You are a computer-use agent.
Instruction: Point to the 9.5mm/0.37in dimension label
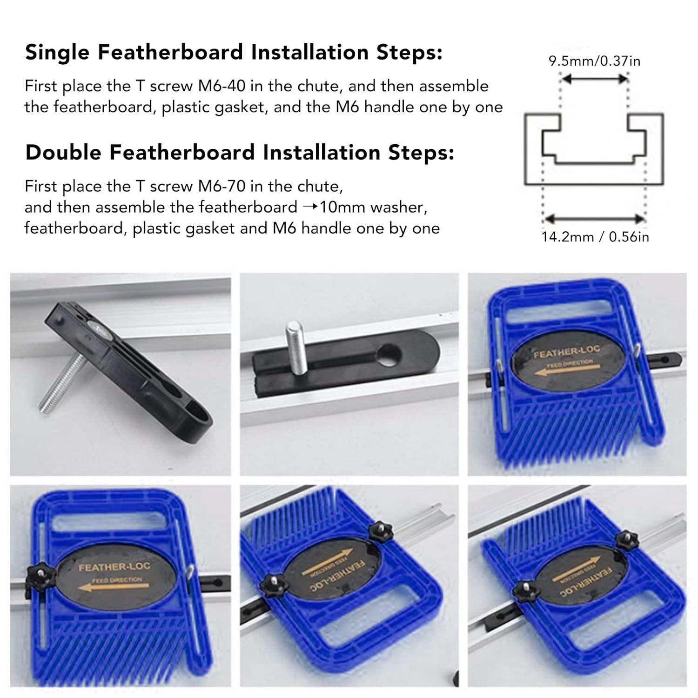594,61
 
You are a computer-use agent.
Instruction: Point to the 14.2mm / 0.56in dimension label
595,237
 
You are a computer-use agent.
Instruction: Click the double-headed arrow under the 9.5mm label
594,80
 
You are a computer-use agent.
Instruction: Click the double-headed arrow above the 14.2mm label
594,219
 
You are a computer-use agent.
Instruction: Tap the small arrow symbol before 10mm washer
309,207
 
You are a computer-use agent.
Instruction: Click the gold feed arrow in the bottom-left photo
110,587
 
